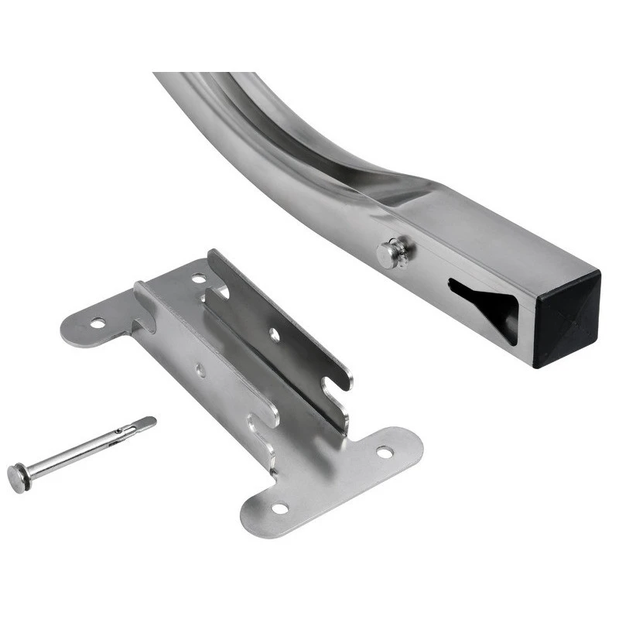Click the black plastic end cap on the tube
[x=567, y=317]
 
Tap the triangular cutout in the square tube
[x=484, y=302]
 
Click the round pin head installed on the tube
[x=391, y=253]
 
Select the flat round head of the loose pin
[x=19, y=477]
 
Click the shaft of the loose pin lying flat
[x=77, y=453]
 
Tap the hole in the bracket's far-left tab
[x=97, y=322]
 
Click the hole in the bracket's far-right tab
[x=385, y=451]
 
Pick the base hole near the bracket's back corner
[x=199, y=278]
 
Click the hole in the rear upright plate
[x=274, y=334]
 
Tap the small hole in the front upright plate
[x=200, y=371]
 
